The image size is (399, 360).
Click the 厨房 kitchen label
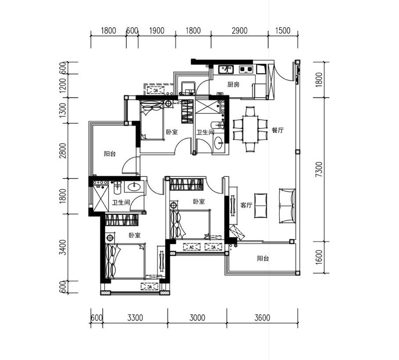coord(233,84)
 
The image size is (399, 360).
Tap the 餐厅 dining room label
coord(277,131)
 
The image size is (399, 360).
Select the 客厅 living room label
coord(246,205)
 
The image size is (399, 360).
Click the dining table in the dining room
coord(250,130)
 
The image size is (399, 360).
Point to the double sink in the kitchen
coord(226,69)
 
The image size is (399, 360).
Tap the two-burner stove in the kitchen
coord(246,69)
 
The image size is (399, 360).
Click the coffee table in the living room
coord(261,206)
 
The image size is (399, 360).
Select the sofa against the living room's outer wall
coord(287,206)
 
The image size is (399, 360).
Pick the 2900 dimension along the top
coord(239,31)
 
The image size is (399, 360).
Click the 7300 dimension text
coord(319,169)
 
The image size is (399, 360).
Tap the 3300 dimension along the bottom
coord(135,318)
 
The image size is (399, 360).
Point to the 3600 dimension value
coord(262,318)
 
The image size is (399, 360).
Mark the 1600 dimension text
coord(319,257)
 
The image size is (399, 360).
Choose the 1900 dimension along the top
coord(156,31)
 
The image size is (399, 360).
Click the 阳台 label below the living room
coord(263,258)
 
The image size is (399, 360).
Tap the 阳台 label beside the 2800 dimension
coord(110,154)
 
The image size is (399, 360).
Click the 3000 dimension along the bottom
coord(197,318)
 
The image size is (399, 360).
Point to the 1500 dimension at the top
coord(283,31)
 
